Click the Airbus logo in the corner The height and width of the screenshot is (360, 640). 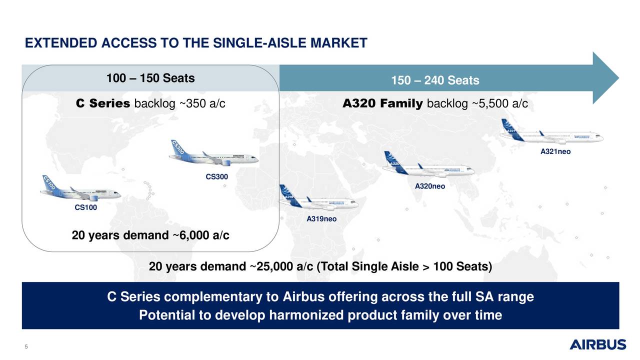(597, 344)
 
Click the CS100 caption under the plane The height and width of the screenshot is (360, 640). (85, 207)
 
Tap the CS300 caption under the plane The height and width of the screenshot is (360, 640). (217, 176)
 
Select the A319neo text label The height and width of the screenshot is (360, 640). (321, 219)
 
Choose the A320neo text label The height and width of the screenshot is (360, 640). (430, 186)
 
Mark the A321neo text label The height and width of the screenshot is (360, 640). (555, 151)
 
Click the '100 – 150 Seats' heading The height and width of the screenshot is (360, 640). (150, 78)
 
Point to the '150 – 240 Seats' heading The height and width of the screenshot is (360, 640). (435, 80)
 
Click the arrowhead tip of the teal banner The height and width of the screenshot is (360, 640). (618, 78)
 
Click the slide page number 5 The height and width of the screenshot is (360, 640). (26, 346)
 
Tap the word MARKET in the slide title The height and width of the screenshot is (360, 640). (339, 43)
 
